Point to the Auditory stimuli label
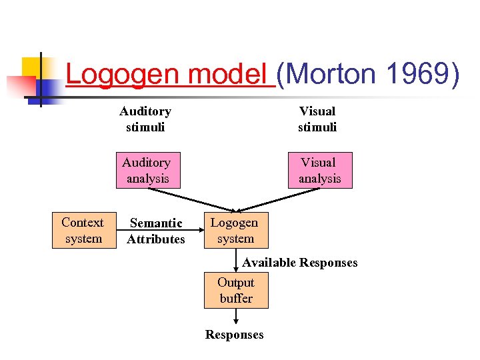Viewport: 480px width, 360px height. click(145, 119)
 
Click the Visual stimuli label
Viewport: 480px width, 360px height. click(317, 119)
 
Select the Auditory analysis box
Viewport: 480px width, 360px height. click(147, 171)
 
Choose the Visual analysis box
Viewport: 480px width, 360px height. click(319, 171)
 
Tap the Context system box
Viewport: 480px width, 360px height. click(83, 231)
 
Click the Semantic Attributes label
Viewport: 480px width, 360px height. click(156, 231)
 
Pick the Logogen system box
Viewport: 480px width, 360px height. click(235, 231)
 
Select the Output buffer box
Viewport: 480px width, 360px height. click(236, 291)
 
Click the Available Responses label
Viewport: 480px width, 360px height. click(299, 263)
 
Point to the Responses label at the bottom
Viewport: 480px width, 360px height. click(234, 335)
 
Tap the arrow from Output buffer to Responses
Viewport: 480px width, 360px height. click(235, 317)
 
